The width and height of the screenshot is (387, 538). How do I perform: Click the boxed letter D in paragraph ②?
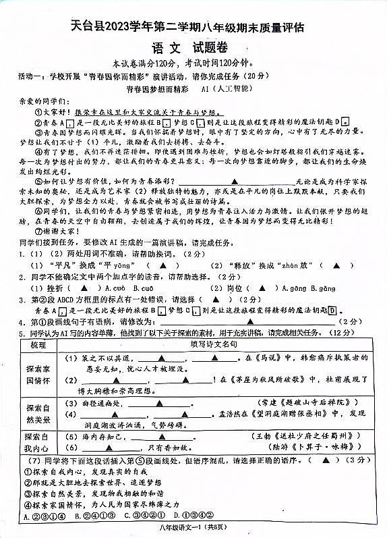click(x=345, y=122)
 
